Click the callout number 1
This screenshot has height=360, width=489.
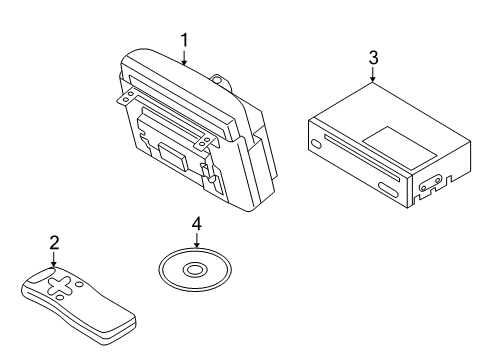[184, 41]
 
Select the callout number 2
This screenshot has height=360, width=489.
[54, 243]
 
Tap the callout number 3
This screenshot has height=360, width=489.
[373, 58]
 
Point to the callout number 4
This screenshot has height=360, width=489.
[197, 224]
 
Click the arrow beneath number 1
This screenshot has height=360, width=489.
[184, 57]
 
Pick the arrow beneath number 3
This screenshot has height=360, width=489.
[373, 75]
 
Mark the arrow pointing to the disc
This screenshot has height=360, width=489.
[197, 240]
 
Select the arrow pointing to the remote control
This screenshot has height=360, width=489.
[53, 260]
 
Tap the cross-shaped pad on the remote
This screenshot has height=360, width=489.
[60, 286]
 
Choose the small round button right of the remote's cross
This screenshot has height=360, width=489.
[79, 284]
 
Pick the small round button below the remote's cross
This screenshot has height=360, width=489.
[60, 297]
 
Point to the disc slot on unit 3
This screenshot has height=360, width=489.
[362, 158]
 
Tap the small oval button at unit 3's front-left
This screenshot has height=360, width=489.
[316, 144]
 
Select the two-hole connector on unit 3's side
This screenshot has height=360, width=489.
[431, 184]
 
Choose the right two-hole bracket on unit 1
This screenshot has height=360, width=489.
[204, 142]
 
